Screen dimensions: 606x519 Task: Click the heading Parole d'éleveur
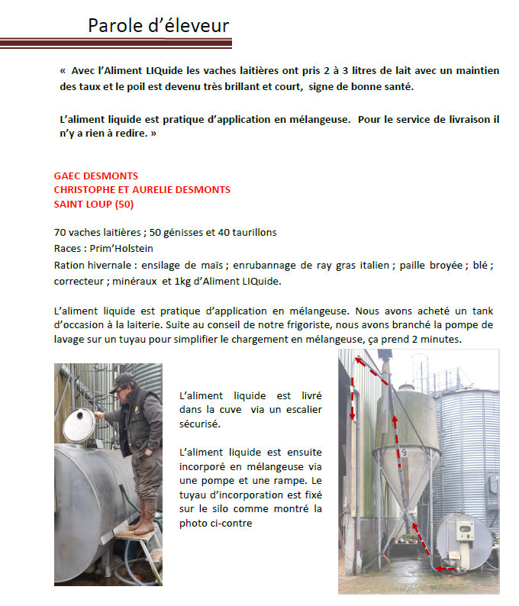[158, 25]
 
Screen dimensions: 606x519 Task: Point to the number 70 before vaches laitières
[60, 232]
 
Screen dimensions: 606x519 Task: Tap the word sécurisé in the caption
[199, 423]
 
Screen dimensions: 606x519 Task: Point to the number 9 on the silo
[405, 453]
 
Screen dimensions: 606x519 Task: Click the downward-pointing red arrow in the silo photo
[353, 397]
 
